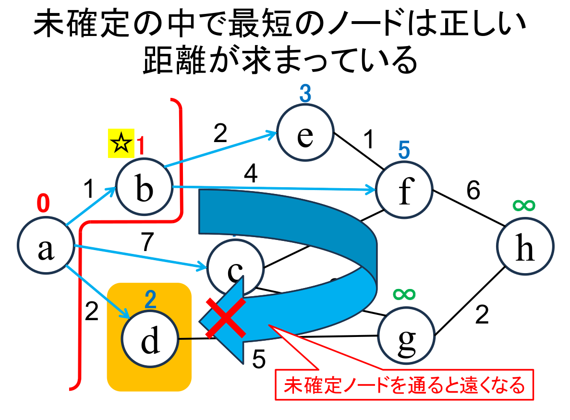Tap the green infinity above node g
[x=404, y=293]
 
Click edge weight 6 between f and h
[x=473, y=192]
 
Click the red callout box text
[x=404, y=385]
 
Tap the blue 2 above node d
[x=150, y=300]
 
